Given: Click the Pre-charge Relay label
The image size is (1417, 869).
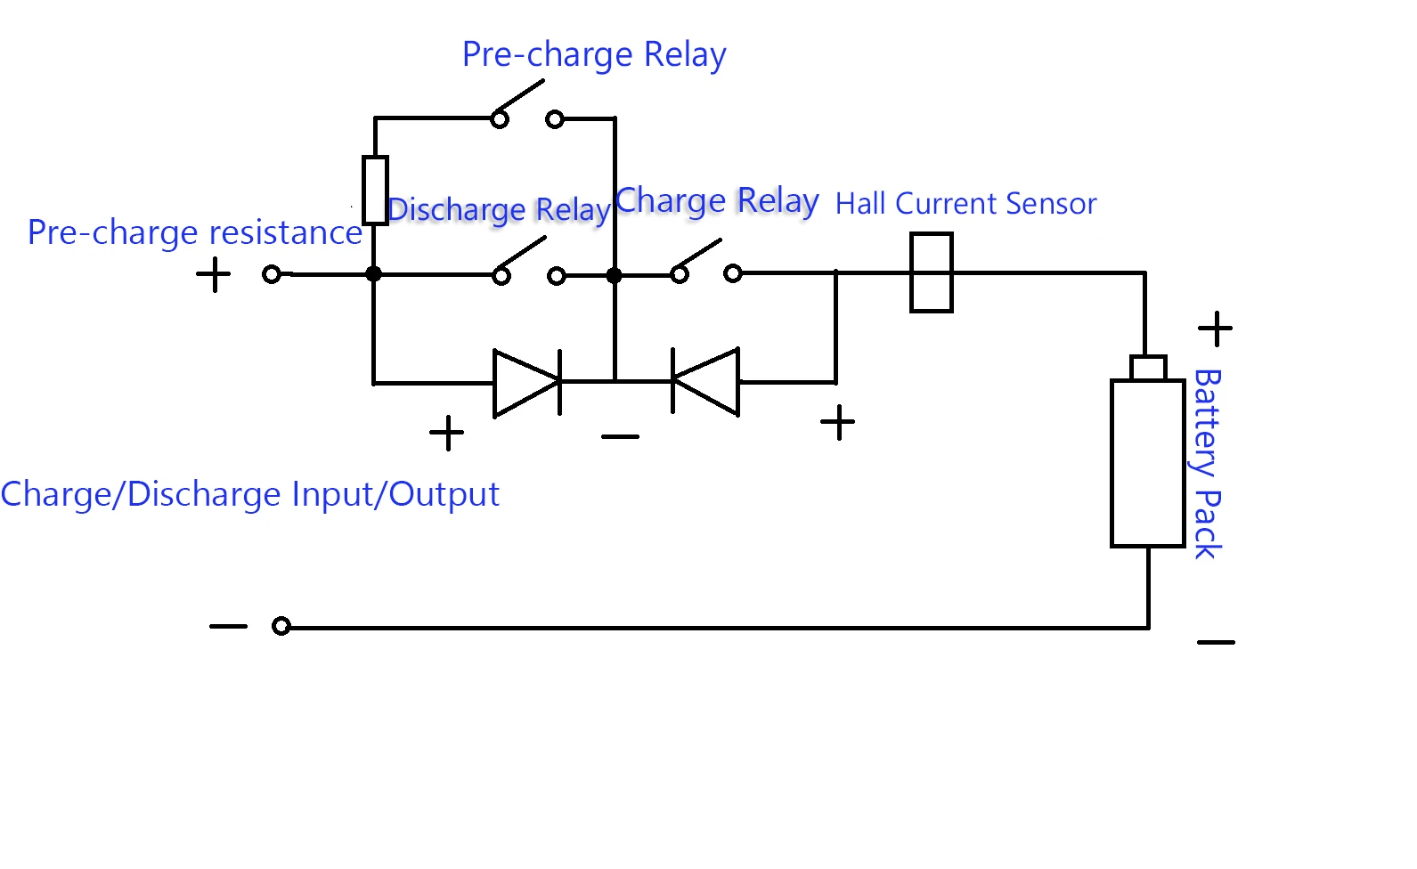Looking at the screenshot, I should coord(594,55).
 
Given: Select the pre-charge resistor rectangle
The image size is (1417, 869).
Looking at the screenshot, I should coord(375,191).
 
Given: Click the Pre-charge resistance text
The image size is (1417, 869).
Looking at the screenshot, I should coord(195,233).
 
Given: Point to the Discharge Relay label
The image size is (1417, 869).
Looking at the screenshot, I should coord(499,210).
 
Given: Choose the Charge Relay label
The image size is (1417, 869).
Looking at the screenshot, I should coord(717,201).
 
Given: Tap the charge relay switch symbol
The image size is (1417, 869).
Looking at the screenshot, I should coord(706,264).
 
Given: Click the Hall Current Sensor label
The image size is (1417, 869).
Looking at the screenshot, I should coord(965,204).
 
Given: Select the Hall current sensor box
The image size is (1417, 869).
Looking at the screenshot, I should coord(932,272).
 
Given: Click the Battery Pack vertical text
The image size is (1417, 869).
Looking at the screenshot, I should coord(1207,464).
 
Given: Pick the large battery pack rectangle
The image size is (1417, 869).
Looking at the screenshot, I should coord(1147,463).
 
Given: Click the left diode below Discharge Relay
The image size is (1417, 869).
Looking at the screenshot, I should coord(527,383).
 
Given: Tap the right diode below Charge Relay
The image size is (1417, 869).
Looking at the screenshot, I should coord(705,382).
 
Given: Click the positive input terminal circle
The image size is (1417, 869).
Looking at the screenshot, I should coord(273,274).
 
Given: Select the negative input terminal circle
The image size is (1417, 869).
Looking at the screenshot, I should coord(281,626).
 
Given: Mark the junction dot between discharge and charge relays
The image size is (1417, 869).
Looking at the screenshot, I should coord(614,275).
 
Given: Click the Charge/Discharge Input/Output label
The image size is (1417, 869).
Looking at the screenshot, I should coord(250,495).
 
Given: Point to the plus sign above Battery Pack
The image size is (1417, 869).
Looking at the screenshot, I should coord(1215,329).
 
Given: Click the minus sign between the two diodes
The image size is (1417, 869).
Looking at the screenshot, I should coord(620,436).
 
